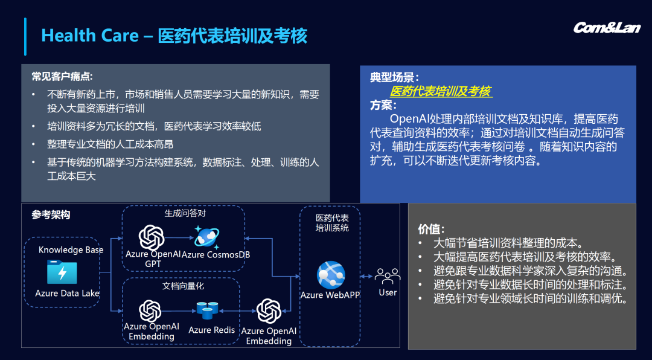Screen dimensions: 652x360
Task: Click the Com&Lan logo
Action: [607, 28]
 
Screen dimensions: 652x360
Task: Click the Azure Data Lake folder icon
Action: [62, 272]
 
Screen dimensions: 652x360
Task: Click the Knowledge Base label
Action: [71, 250]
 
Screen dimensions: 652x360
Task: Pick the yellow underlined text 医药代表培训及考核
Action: [441, 92]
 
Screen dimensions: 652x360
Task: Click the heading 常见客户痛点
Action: [62, 76]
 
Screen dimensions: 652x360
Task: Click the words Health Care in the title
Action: [90, 36]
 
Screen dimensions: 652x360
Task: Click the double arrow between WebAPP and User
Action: [366, 277]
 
